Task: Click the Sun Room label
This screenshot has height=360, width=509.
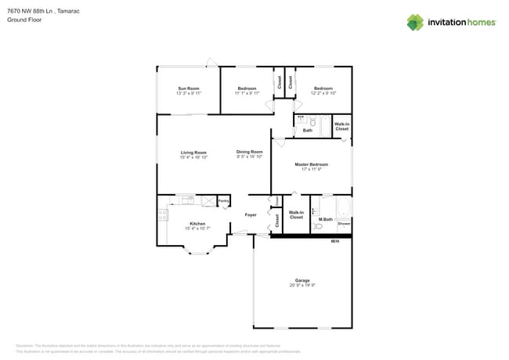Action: [x=189, y=88]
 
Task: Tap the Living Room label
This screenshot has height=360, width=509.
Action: [x=193, y=153]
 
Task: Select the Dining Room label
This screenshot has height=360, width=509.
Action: [x=249, y=152]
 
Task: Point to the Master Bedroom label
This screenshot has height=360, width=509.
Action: [x=311, y=164]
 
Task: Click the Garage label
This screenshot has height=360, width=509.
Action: [x=302, y=280]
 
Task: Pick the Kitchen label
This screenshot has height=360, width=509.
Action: [x=197, y=224]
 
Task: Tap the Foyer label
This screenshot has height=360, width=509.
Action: [x=251, y=214]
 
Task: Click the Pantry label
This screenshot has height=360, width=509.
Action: [x=223, y=201]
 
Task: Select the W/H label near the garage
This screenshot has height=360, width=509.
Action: [x=335, y=241]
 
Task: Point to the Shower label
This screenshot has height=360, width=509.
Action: [x=344, y=224]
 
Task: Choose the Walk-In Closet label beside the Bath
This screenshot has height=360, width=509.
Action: [x=341, y=126]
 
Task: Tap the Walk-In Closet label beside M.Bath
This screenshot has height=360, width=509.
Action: [x=296, y=214]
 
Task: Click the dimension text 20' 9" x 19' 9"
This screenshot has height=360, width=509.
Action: [x=302, y=286]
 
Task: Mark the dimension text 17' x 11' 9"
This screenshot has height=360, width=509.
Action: [x=311, y=169]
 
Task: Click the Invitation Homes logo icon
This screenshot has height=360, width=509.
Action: [x=415, y=23]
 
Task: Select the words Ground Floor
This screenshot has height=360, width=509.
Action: [x=24, y=20]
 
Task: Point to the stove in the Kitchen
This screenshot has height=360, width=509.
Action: [x=162, y=216]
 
